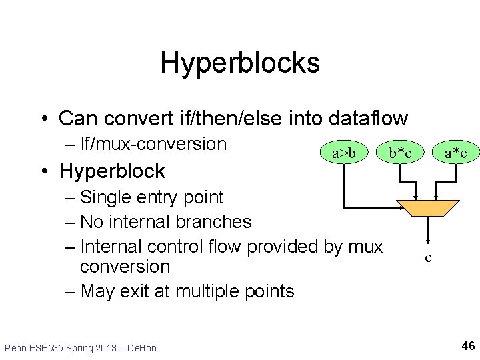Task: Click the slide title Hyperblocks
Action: (x=240, y=63)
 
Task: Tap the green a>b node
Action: (x=345, y=153)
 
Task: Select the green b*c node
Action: (x=400, y=153)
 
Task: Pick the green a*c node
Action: (x=461, y=154)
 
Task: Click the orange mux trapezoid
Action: (x=428, y=208)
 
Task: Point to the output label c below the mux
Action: (x=428, y=257)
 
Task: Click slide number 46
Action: (x=468, y=345)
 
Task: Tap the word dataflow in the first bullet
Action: (x=368, y=119)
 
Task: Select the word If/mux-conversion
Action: (x=153, y=144)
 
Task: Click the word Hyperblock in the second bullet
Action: (x=112, y=171)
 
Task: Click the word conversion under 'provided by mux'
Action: (x=125, y=267)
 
